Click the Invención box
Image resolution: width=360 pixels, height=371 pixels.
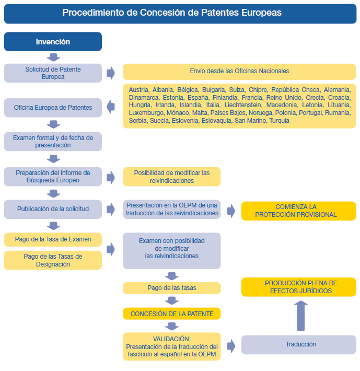pyautogui.click(x=53, y=42)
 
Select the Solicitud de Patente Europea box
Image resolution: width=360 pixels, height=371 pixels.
pyautogui.click(x=53, y=73)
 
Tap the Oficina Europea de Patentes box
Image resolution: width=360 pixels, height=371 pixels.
pyautogui.click(x=53, y=108)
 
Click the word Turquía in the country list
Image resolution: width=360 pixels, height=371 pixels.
pyautogui.click(x=280, y=121)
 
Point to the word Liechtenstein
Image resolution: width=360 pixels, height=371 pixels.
pyautogui.click(x=243, y=105)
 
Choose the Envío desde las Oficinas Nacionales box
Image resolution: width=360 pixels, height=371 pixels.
pyautogui.click(x=239, y=72)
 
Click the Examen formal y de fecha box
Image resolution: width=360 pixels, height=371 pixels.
pyautogui.click(x=53, y=142)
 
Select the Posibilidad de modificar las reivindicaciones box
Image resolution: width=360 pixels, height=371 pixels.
pyautogui.click(x=172, y=177)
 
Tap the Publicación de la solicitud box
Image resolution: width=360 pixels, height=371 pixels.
pyautogui.click(x=53, y=210)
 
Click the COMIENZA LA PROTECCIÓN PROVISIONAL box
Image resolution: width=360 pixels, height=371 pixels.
pyautogui.click(x=298, y=211)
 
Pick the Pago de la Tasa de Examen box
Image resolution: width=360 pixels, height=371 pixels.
pyautogui.click(x=53, y=239)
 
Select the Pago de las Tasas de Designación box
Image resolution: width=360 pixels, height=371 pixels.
pyautogui.click(x=53, y=260)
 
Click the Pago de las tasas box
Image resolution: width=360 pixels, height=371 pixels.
pyautogui.click(x=172, y=288)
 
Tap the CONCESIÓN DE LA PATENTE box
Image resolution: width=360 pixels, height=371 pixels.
pyautogui.click(x=172, y=314)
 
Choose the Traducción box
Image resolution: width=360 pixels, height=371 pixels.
pyautogui.click(x=298, y=345)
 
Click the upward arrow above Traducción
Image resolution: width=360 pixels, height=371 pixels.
pyautogui.click(x=301, y=316)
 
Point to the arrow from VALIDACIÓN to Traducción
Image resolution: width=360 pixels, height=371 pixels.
pyautogui.click(x=231, y=346)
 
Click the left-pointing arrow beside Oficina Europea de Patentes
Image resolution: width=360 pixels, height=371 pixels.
pyautogui.click(x=111, y=107)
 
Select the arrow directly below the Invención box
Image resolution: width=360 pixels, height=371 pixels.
pyautogui.click(x=53, y=57)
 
